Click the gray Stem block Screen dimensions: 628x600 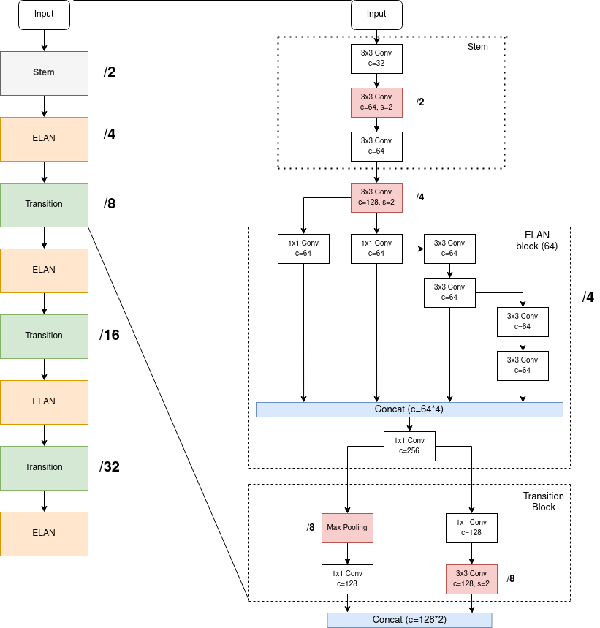(x=44, y=73)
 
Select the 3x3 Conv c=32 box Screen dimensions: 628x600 (x=376, y=58)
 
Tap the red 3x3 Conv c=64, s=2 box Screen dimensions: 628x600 (x=376, y=102)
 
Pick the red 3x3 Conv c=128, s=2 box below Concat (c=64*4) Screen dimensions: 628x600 (x=471, y=579)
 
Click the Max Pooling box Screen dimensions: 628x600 (x=347, y=528)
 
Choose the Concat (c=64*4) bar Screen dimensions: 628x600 (x=409, y=409)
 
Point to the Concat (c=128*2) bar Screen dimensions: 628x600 (x=409, y=620)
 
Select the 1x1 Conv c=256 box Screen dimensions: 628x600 (x=409, y=446)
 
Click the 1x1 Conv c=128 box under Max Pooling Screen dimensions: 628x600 (x=347, y=579)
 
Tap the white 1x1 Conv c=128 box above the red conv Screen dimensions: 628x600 (x=471, y=528)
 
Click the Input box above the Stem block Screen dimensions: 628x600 (x=44, y=15)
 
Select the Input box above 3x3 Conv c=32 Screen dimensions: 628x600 (x=376, y=15)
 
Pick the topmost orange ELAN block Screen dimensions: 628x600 (x=44, y=139)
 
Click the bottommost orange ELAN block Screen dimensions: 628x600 (x=44, y=534)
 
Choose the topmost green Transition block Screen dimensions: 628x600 (x=44, y=205)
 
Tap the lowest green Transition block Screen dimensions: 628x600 (x=44, y=468)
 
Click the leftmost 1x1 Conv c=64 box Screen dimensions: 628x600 (x=303, y=249)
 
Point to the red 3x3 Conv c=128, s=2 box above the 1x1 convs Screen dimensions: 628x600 (x=376, y=197)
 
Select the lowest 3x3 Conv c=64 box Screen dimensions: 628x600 (x=523, y=366)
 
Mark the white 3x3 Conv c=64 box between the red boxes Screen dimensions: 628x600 (x=376, y=146)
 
